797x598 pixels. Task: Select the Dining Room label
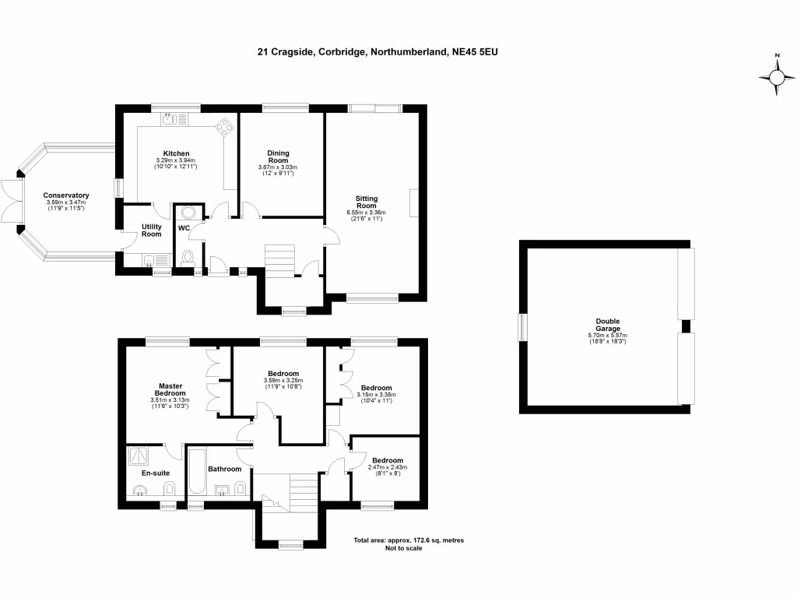click(x=278, y=157)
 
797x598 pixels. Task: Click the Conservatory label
click(x=66, y=195)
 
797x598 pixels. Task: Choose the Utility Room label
click(x=151, y=230)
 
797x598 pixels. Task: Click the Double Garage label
click(x=607, y=325)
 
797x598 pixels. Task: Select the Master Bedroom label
click(x=170, y=389)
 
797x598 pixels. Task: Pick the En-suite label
click(x=155, y=473)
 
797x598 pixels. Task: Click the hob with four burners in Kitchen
click(x=224, y=125)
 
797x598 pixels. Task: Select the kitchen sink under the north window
click(x=172, y=119)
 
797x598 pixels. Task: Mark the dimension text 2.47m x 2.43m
click(x=387, y=467)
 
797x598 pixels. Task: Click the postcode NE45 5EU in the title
click(x=482, y=53)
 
